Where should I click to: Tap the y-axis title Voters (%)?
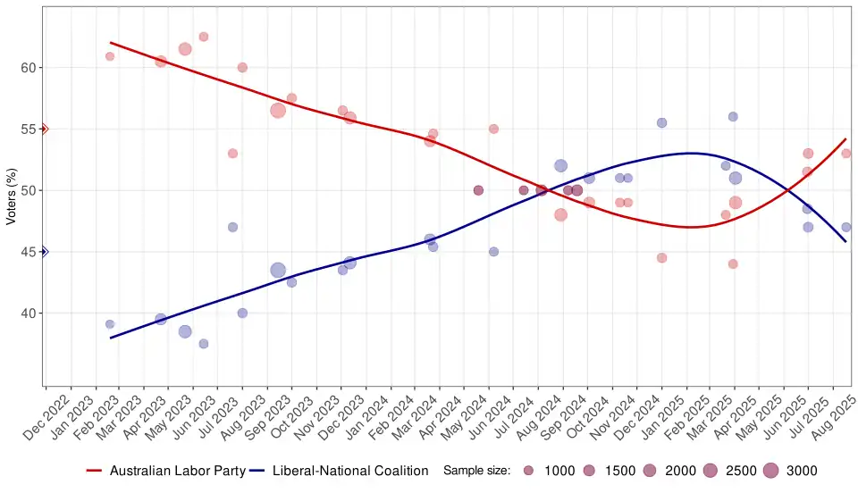click(x=11, y=190)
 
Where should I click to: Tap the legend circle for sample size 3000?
click(x=771, y=471)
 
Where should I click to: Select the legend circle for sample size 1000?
click(x=529, y=471)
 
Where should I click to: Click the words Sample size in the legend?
click(x=476, y=471)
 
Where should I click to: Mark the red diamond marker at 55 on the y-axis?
click(x=44, y=129)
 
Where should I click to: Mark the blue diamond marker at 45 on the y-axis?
click(x=44, y=252)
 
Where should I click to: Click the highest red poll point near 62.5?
click(x=204, y=37)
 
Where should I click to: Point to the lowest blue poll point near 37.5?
click(x=204, y=344)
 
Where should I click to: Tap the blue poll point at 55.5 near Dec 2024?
click(x=662, y=122)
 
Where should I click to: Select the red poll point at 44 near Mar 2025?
click(x=733, y=264)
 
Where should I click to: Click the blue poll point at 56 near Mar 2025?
click(x=733, y=117)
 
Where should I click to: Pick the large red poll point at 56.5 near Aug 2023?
click(x=278, y=111)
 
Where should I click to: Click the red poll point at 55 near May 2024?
click(x=493, y=129)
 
